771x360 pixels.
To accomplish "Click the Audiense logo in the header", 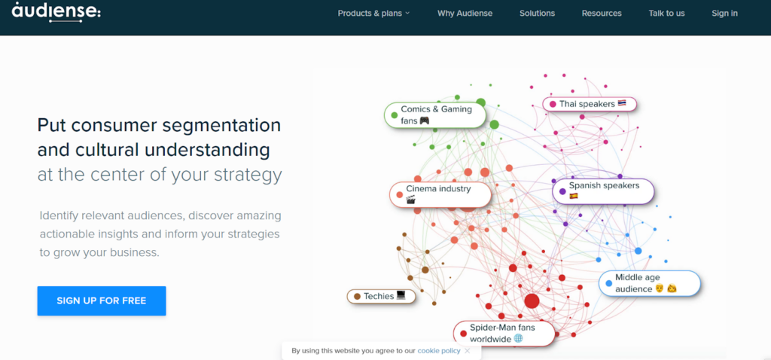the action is tap(56, 11).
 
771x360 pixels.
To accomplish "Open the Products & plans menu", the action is tap(373, 14).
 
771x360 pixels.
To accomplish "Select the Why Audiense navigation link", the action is tap(465, 14).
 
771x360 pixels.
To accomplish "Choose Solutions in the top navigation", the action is tap(537, 14).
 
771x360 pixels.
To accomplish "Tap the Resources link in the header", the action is tap(602, 14).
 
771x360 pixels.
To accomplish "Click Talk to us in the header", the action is tap(666, 14).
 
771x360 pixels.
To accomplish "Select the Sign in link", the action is tap(724, 14).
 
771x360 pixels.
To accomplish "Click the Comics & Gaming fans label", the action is tap(434, 115).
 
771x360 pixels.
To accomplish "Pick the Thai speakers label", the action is tap(590, 104).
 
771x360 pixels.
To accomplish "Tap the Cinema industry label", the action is tap(440, 195).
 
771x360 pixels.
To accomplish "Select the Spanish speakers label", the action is tap(603, 191).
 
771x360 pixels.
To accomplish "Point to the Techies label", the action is tap(381, 296).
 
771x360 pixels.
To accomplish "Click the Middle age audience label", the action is tap(649, 283).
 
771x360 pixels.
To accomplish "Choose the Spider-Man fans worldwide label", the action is tap(504, 334).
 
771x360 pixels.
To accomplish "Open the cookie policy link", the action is tap(439, 351).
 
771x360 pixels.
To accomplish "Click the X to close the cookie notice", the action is tap(467, 351).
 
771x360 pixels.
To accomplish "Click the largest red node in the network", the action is tap(532, 301).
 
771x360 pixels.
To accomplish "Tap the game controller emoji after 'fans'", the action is tap(425, 121).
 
